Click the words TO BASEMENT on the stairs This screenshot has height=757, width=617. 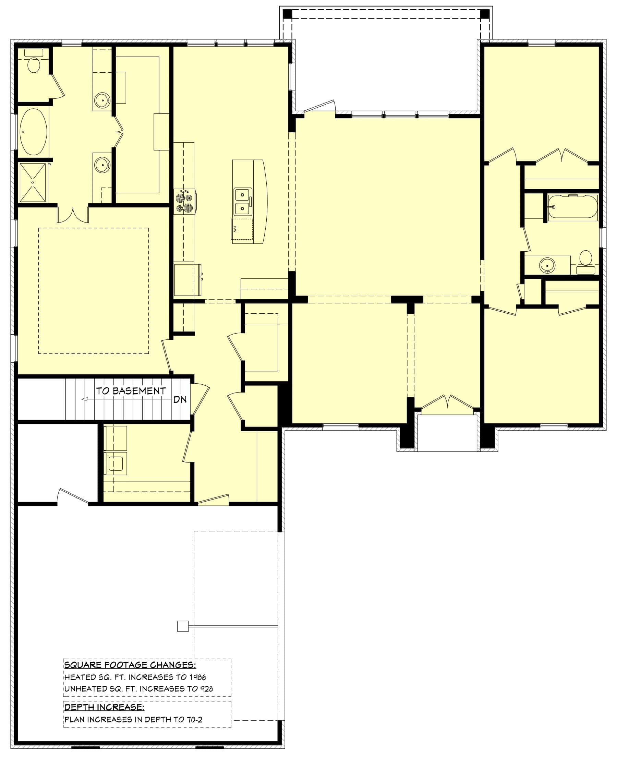click(x=131, y=391)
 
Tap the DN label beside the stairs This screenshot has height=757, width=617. click(x=180, y=399)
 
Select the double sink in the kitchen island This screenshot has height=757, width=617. click(x=243, y=202)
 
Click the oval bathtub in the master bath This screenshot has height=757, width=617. click(x=33, y=132)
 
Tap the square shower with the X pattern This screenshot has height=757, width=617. click(x=32, y=183)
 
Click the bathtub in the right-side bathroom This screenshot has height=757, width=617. click(x=572, y=206)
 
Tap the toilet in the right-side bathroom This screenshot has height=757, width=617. click(x=585, y=262)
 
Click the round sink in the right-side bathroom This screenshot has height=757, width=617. click(x=547, y=265)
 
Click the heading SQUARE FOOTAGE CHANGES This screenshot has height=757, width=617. click(x=130, y=665)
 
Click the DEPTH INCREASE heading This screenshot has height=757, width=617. click(x=104, y=707)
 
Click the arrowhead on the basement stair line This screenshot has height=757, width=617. click(x=85, y=399)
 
